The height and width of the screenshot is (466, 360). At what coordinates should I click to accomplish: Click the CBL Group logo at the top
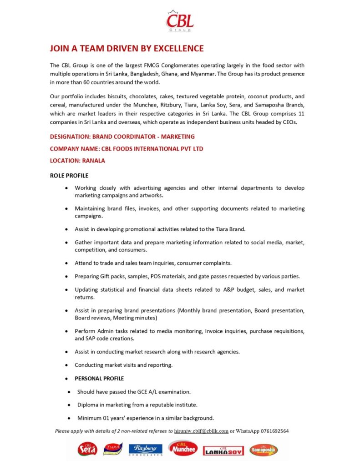(x=180, y=21)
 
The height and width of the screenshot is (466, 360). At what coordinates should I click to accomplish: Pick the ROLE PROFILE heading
(x=69, y=176)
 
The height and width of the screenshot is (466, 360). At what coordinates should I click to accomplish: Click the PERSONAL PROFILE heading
(x=99, y=379)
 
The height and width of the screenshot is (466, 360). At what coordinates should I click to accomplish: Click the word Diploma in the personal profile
(x=89, y=405)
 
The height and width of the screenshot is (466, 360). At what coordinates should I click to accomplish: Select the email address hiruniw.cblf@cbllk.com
(x=201, y=431)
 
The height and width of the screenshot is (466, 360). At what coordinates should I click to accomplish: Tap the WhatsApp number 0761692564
(x=275, y=431)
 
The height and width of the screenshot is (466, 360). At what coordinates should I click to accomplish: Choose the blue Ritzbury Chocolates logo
(x=145, y=450)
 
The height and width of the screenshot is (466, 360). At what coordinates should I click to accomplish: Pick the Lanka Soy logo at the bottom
(x=223, y=450)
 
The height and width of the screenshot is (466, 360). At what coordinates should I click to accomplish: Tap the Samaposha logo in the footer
(x=264, y=450)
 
